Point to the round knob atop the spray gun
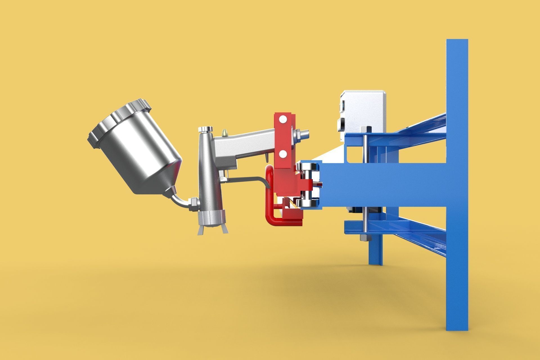tap(205, 129)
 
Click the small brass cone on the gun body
tap(225, 132)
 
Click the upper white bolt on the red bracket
tap(283, 119)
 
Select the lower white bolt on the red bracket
tap(283, 154)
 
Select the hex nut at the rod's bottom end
tap(365, 238)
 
